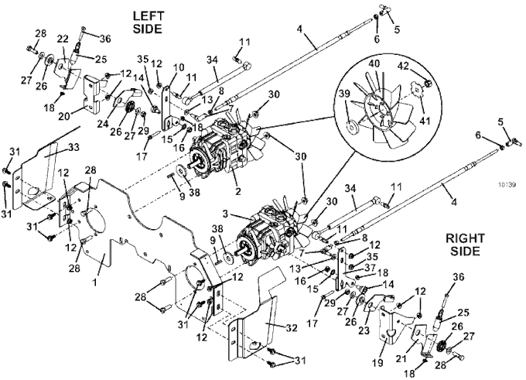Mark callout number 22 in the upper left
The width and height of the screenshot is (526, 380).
(x=63, y=39)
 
